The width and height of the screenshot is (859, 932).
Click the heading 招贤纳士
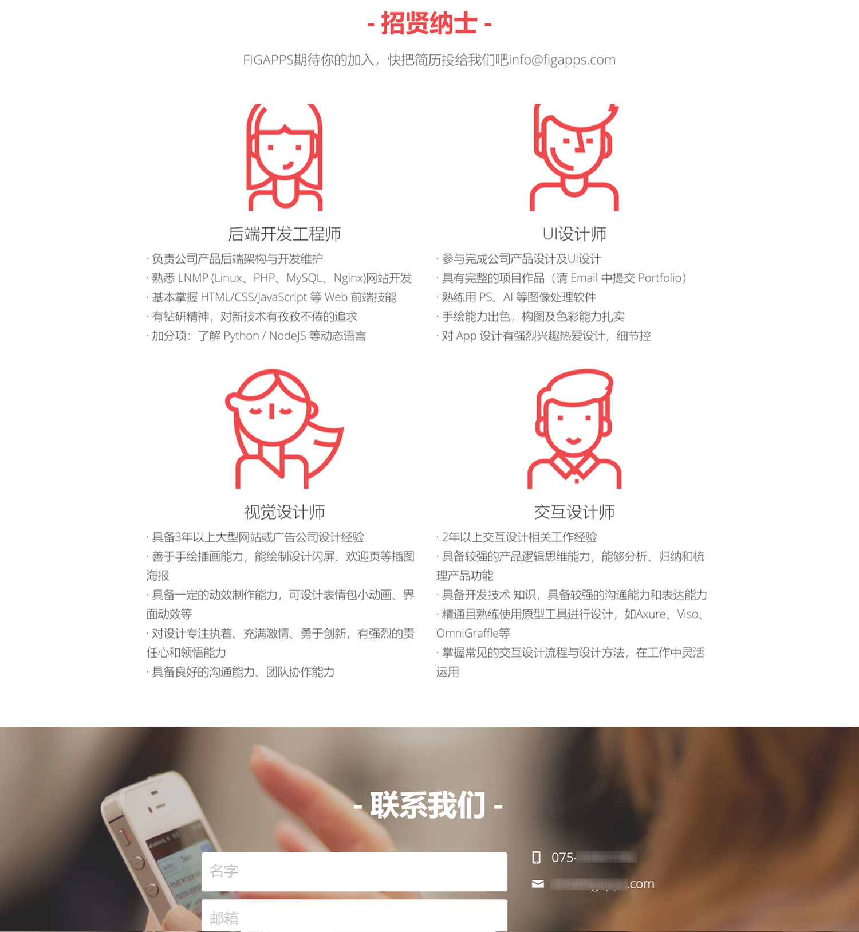[x=429, y=24]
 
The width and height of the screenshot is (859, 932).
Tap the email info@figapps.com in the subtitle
[x=562, y=60]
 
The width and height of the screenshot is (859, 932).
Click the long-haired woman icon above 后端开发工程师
[x=285, y=158]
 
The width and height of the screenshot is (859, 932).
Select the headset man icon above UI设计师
[x=574, y=158]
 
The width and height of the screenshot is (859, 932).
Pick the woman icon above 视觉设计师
[x=283, y=428]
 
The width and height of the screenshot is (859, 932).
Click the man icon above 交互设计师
[x=574, y=428]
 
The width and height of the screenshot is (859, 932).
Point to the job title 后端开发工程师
[x=285, y=234]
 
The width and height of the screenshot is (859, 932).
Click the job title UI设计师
[x=574, y=234]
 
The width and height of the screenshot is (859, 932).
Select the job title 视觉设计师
[x=285, y=512]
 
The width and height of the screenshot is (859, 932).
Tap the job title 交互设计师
[x=574, y=512]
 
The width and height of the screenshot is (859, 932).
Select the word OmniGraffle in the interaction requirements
[x=467, y=634]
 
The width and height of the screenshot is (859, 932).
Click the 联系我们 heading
[x=428, y=805]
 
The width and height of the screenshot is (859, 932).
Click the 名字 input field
[x=354, y=871]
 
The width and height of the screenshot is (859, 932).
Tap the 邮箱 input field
[x=354, y=917]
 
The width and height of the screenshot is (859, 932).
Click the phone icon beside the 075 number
[x=537, y=858]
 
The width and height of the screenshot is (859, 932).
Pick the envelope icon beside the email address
[x=538, y=884]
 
